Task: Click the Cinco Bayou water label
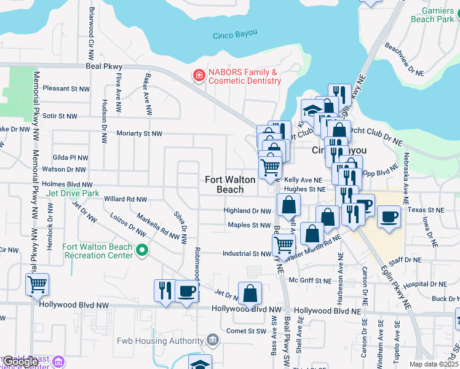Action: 235,35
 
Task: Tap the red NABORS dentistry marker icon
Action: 199,76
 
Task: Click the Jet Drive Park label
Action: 72,193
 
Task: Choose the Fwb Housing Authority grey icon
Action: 212,339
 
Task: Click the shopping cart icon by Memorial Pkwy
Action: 38,285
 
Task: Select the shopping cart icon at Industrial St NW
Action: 283,245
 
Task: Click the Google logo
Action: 21,362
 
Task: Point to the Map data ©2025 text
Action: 434,364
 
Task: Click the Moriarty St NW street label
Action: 140,133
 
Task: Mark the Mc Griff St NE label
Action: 311,280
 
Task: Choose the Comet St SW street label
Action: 249,331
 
